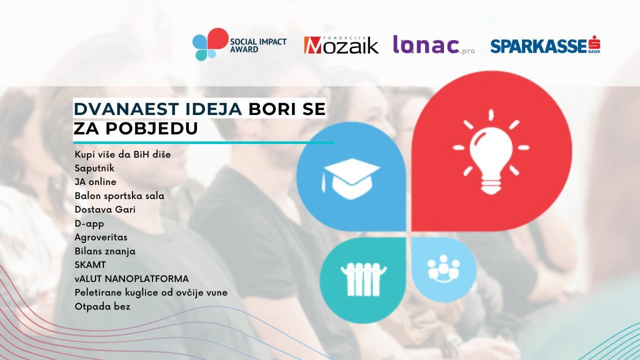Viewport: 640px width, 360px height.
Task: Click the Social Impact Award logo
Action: [x=239, y=44]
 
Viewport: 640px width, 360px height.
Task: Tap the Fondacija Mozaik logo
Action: [x=341, y=45]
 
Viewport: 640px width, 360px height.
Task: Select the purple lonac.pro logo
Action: [x=434, y=44]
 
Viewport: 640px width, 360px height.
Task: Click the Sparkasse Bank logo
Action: [x=545, y=44]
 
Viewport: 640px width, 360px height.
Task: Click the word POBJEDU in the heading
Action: [x=152, y=128]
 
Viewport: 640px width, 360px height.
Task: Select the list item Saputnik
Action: [x=94, y=168]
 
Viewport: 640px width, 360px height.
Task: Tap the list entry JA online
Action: [x=95, y=181]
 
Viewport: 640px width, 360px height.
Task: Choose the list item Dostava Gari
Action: [x=105, y=209]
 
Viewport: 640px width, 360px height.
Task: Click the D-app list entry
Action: [x=89, y=223]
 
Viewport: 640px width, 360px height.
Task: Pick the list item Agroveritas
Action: [x=101, y=237]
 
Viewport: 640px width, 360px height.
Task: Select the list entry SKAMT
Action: [x=90, y=265]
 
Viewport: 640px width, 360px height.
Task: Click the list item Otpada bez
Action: [x=102, y=306]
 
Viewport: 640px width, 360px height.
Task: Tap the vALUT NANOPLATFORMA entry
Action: [x=131, y=278]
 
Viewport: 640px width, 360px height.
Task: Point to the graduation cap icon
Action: [x=351, y=179]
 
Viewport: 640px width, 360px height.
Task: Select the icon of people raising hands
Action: [x=363, y=279]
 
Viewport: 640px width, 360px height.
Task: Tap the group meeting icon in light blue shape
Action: [x=443, y=269]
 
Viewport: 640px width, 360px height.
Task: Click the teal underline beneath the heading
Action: [x=203, y=142]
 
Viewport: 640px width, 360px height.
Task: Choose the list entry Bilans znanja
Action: [x=105, y=251]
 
